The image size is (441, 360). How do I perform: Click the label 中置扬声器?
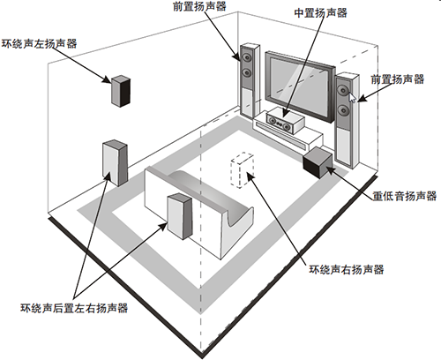[x=320, y=13]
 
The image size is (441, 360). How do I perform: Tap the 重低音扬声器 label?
[x=405, y=196]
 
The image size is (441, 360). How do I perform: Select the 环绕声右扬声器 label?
[x=347, y=269]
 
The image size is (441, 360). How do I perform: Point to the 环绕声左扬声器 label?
[x=39, y=43]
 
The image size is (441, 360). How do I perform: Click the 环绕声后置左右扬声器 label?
[x=74, y=308]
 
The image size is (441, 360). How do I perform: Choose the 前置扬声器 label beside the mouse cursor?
[x=398, y=79]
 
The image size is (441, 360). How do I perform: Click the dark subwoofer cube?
[x=318, y=162]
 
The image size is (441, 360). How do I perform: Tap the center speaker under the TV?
[x=285, y=120]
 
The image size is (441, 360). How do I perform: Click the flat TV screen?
[x=300, y=86]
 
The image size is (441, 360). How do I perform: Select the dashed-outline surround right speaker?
[x=243, y=170]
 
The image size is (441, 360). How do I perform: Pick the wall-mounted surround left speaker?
[x=121, y=91]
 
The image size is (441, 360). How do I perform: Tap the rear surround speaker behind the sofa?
[x=180, y=216]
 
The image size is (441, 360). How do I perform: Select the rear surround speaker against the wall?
[x=115, y=163]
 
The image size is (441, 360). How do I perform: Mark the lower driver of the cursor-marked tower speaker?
[x=343, y=110]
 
